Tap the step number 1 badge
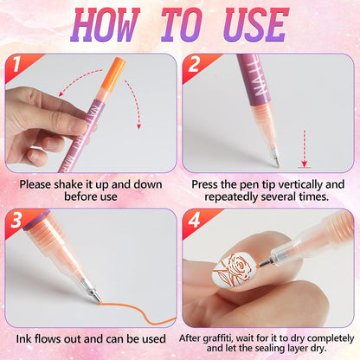pyautogui.click(x=16, y=65)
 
